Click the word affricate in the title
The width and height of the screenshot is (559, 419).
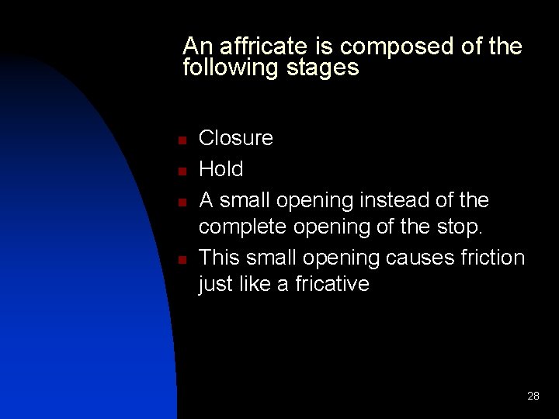coord(251,47)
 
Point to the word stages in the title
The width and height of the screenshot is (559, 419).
coord(323,68)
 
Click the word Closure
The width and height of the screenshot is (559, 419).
coord(236,138)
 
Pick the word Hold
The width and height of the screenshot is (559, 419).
coord(221,169)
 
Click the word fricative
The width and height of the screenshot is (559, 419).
coord(332,284)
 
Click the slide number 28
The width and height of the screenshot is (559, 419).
coord(533,396)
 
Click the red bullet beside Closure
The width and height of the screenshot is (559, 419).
coord(180,140)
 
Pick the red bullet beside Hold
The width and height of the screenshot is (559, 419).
coord(180,171)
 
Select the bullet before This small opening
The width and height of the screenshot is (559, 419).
coord(180,259)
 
